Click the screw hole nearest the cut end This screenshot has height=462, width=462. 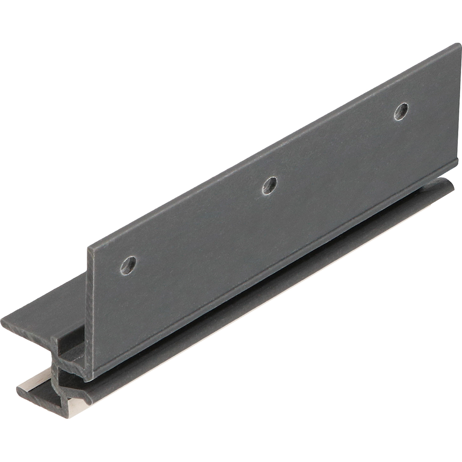point(128,264)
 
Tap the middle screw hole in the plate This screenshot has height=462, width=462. point(269,185)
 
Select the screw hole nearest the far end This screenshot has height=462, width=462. point(401,111)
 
